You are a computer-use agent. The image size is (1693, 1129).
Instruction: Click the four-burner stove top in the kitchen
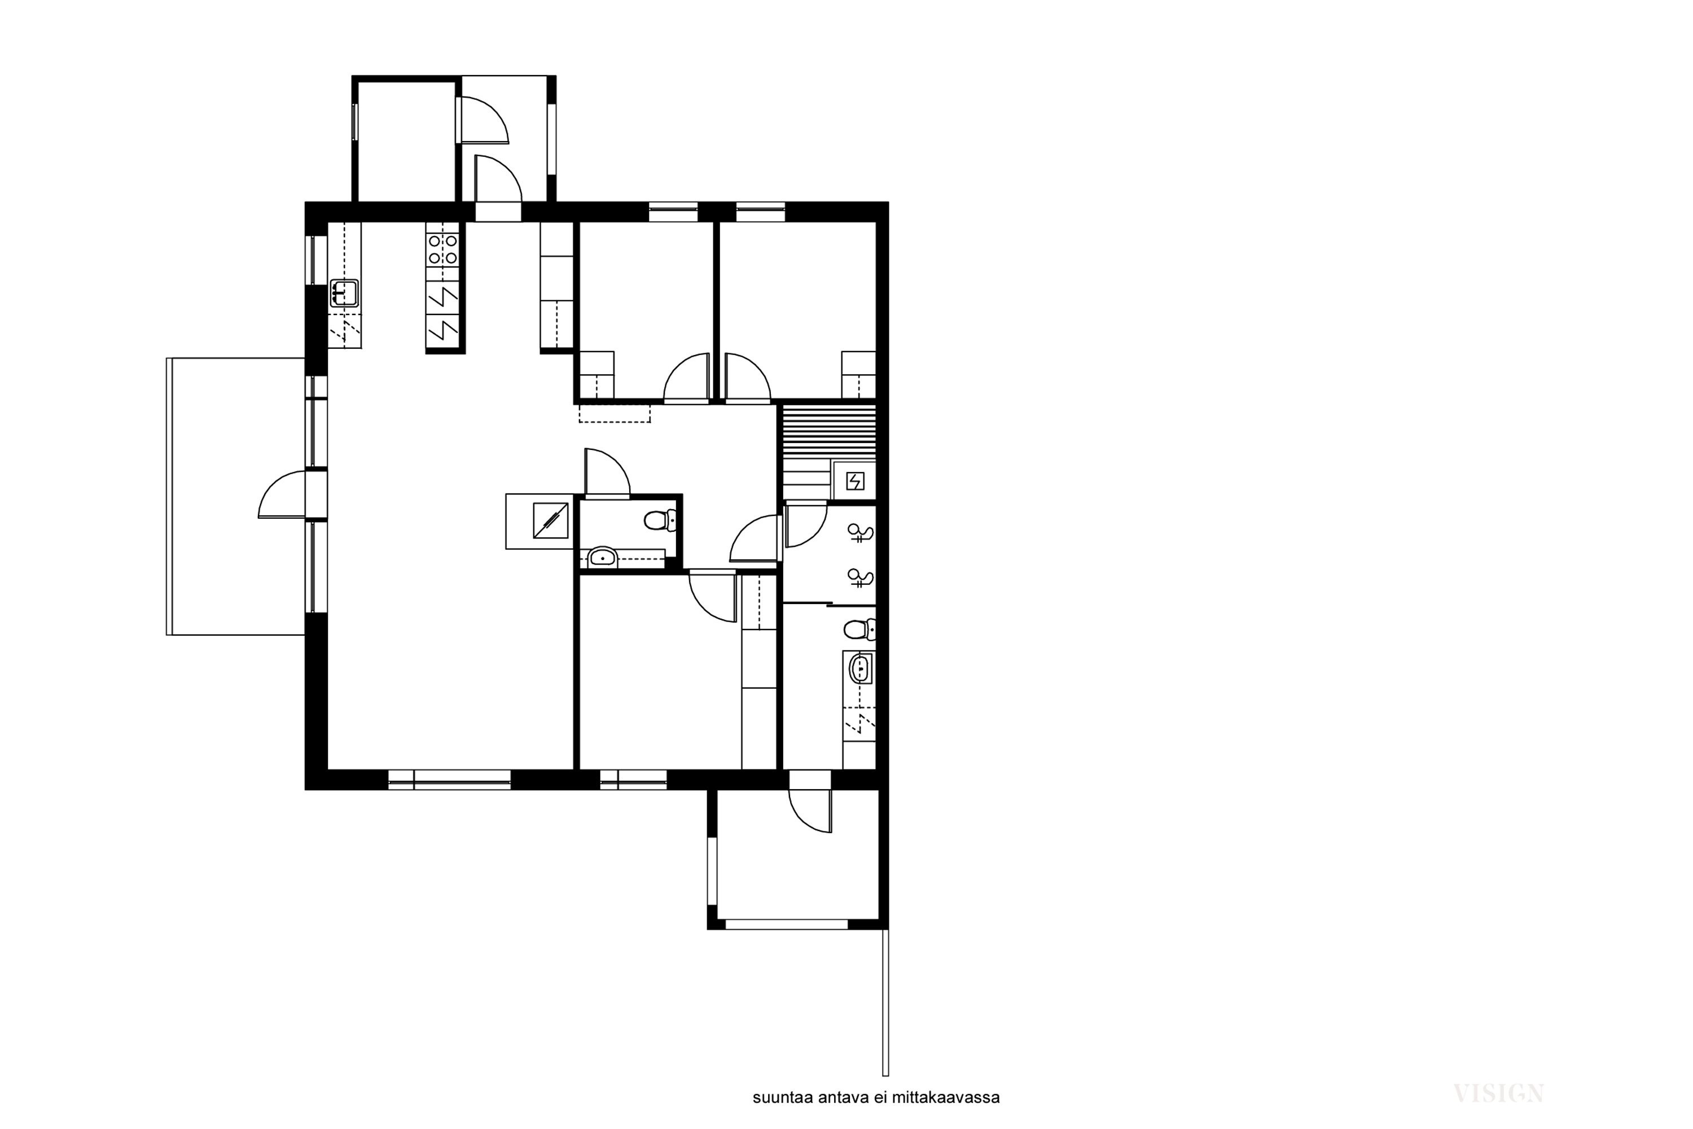(x=442, y=249)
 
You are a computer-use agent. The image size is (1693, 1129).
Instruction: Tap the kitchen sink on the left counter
(x=344, y=293)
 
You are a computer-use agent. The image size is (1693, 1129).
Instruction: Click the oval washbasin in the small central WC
(x=602, y=558)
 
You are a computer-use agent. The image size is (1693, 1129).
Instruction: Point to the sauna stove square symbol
(x=854, y=481)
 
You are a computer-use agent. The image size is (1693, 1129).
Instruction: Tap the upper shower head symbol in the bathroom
(x=861, y=533)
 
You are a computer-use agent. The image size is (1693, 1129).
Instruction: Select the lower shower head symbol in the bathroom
(x=861, y=577)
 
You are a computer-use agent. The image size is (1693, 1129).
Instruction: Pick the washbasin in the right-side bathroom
(x=860, y=669)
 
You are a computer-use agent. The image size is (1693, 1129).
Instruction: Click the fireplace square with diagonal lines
(x=551, y=520)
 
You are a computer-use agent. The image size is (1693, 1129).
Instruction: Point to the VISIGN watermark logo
(x=1499, y=1094)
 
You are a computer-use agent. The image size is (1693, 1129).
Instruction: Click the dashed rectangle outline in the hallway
(x=615, y=413)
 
